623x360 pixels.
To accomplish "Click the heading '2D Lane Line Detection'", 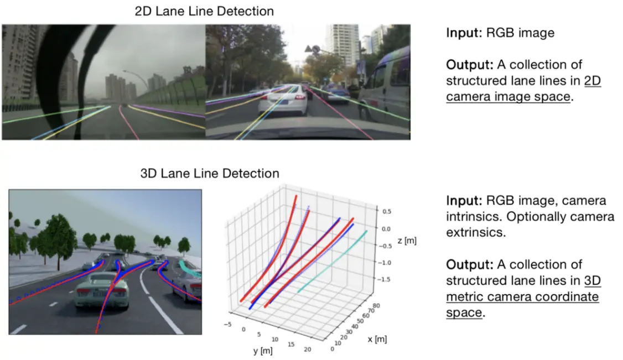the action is [x=204, y=11].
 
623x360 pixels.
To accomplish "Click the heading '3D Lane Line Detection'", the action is [x=210, y=173].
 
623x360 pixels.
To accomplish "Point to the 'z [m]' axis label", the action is [x=406, y=241].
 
